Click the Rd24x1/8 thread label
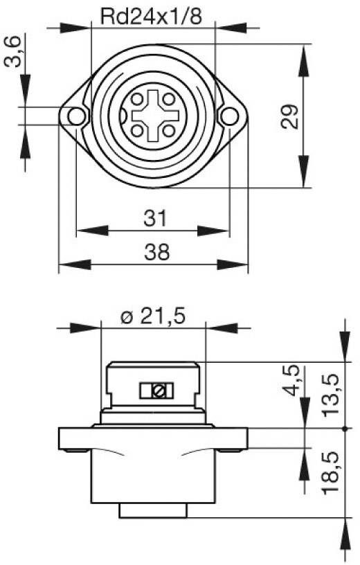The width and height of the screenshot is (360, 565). point(153,15)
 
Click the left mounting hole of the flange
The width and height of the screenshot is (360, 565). point(75,116)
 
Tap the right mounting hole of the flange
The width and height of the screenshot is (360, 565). point(228,116)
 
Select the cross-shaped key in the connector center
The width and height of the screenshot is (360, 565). point(152,115)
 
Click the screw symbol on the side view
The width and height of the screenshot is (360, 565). point(156,391)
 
